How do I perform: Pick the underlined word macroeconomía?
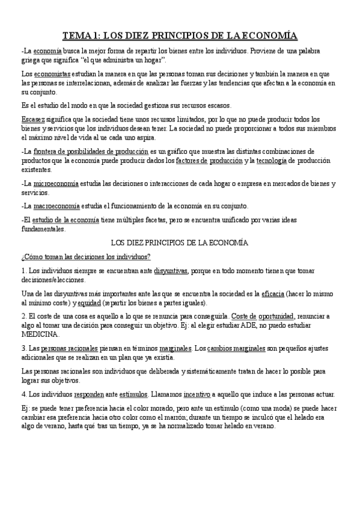tap(58, 206)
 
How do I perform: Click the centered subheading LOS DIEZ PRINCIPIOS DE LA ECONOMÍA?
tap(180, 243)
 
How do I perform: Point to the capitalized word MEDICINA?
tap(40, 334)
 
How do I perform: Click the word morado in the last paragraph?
tap(153, 408)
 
